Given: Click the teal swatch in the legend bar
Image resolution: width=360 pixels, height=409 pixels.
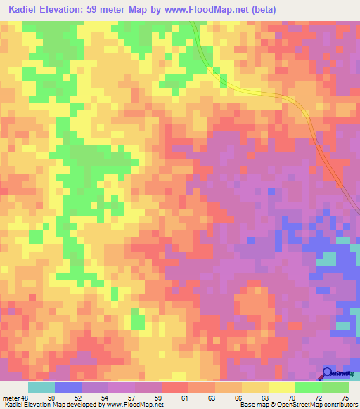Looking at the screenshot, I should coord(41,387).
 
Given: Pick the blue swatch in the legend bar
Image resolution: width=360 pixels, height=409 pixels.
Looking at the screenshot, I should coord(68,387).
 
